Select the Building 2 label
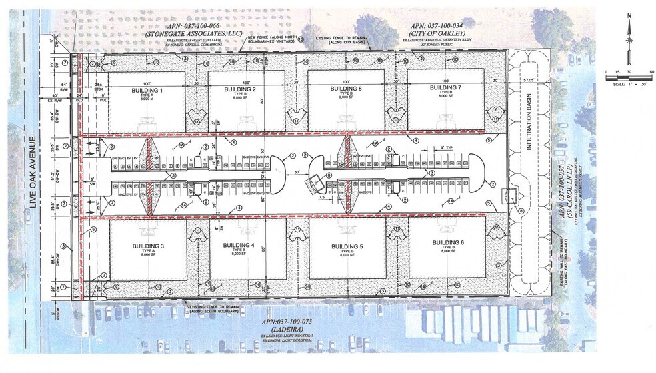(x=240, y=89)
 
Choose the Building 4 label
(x=239, y=246)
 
